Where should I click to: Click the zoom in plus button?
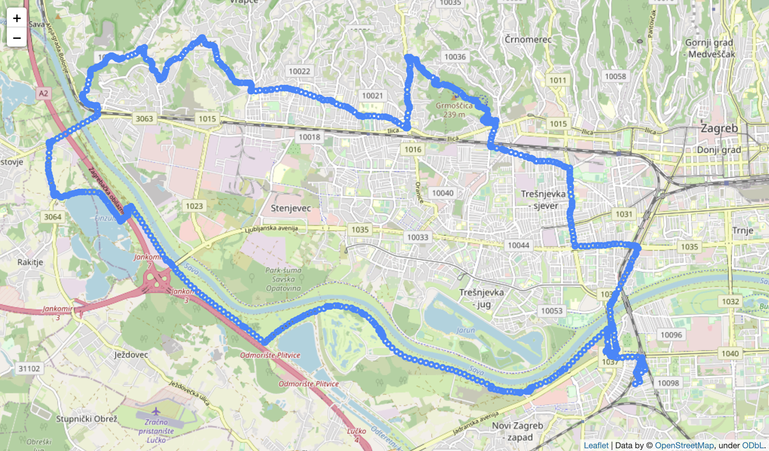point(17,18)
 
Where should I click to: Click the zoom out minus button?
point(17,37)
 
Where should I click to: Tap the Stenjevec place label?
point(291,208)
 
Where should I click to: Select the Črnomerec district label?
point(528,40)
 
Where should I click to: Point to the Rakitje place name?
point(30,262)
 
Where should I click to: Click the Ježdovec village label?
point(131,355)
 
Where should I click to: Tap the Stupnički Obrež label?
point(87,419)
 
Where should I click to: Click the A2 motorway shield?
point(43,93)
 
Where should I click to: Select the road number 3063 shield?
point(144,119)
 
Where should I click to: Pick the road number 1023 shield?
point(194,206)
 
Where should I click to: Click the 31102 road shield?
point(29,369)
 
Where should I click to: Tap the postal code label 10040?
point(443,193)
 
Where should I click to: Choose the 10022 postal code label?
point(299,71)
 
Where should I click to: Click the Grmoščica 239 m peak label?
point(454,109)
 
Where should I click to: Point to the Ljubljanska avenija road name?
point(271,229)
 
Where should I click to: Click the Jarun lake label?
point(466,330)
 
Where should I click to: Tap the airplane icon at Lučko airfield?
point(156,411)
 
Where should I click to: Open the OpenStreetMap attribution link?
point(684,445)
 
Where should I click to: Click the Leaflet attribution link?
point(596,445)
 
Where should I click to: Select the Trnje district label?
point(743,230)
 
